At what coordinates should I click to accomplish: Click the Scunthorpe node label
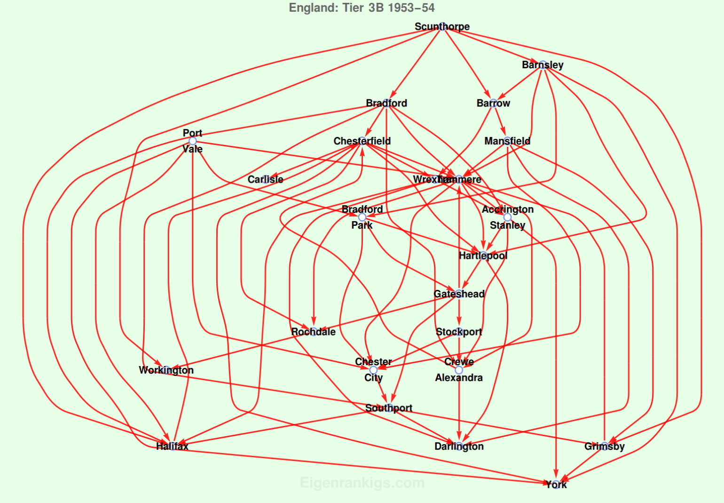(442, 27)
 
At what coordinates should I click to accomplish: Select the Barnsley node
(543, 65)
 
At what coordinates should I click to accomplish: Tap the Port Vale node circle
(192, 141)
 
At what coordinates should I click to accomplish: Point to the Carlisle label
(265, 179)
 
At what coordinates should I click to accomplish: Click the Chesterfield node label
(362, 141)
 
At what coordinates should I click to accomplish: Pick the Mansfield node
(507, 141)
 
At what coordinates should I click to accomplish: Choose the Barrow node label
(493, 103)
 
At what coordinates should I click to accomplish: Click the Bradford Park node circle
(362, 217)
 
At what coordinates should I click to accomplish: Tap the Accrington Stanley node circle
(507, 217)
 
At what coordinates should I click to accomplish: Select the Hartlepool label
(483, 255)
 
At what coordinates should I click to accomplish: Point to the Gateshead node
(459, 294)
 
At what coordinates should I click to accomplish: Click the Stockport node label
(459, 332)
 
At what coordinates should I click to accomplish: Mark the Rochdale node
(314, 332)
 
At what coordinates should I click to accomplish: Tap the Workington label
(166, 370)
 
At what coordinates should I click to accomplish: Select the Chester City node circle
(373, 370)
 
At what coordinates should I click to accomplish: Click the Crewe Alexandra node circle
(459, 370)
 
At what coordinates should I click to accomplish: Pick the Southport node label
(389, 408)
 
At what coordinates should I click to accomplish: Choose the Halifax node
(172, 446)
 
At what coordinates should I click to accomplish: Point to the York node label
(556, 484)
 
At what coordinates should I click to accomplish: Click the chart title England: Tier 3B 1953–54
(362, 8)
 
